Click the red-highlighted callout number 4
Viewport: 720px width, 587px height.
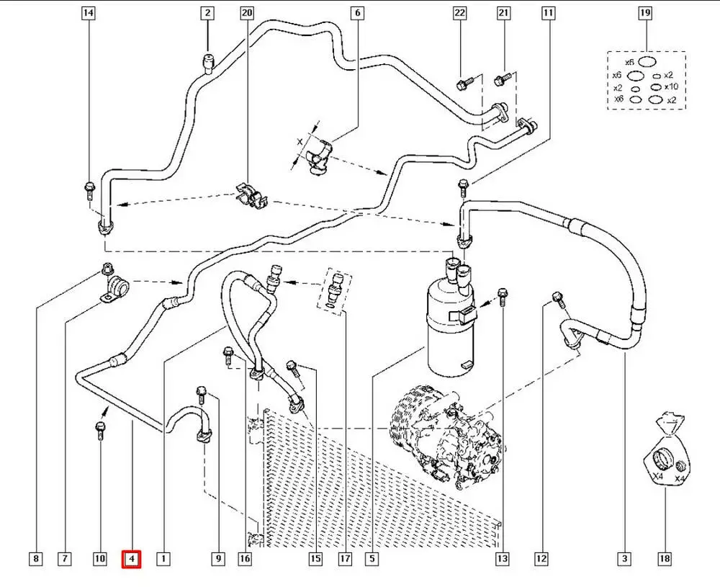coord(131,558)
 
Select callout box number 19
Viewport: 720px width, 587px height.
coord(645,13)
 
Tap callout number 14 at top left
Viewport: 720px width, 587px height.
coord(89,13)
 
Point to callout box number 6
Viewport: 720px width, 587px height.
coord(358,13)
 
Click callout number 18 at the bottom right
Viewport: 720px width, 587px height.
coord(664,558)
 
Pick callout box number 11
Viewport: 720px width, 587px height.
coord(549,13)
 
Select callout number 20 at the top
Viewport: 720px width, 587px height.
coord(247,13)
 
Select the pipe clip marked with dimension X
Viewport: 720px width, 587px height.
coord(318,155)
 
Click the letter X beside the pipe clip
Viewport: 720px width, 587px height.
coord(300,143)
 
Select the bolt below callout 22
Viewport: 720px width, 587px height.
coord(463,84)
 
